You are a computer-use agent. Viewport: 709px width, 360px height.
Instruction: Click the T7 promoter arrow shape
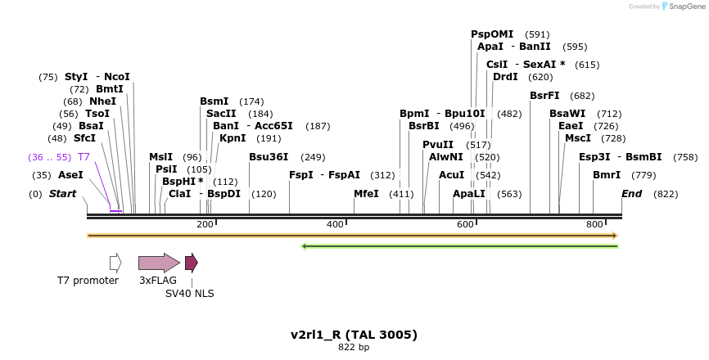click(115, 263)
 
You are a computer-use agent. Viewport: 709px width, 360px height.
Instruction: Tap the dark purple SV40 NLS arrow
click(191, 263)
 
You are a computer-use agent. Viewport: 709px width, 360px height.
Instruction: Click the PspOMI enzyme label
click(492, 34)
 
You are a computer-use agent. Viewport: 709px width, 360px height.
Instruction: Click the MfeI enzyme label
click(366, 194)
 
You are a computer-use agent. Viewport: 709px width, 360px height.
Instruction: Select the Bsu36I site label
click(269, 157)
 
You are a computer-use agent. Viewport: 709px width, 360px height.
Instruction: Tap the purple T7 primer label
click(84, 156)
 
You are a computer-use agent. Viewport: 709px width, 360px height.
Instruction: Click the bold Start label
click(62, 194)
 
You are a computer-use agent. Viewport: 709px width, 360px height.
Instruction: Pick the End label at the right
click(631, 194)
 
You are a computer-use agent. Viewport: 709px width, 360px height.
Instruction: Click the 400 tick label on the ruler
click(335, 224)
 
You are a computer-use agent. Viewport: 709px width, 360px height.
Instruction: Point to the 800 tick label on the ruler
click(594, 224)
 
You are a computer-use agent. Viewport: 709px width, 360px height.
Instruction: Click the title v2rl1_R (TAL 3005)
click(354, 335)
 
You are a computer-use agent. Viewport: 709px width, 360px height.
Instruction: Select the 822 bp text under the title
click(354, 348)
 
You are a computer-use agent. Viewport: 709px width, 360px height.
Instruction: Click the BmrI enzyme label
click(607, 175)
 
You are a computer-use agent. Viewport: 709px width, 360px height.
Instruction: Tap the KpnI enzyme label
click(232, 138)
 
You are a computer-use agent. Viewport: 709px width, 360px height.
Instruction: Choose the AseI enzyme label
click(70, 175)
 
